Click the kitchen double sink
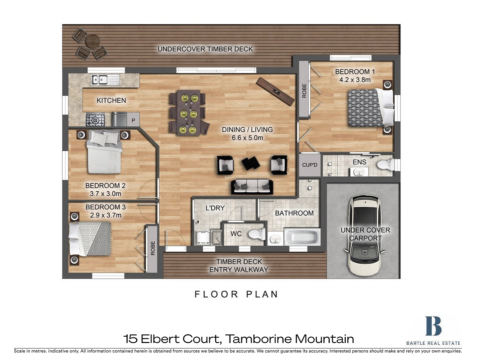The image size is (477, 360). [x=105, y=80]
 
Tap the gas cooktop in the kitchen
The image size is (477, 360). [x=95, y=120]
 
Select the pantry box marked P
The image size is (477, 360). [x=133, y=120]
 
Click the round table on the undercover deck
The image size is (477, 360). [x=93, y=41]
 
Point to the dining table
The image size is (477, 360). [x=189, y=113]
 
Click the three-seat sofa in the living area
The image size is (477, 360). [x=252, y=187]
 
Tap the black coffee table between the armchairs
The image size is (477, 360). [x=251, y=163]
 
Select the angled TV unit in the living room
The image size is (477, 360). [x=275, y=92]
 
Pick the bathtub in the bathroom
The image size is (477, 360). [x=302, y=237]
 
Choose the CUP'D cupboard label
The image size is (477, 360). [x=310, y=165]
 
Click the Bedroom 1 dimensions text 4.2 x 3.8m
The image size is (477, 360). [x=355, y=80]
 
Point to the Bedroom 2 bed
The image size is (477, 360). [x=105, y=152]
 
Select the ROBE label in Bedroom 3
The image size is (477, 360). [x=153, y=248]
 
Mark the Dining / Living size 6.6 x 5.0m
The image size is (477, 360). [x=247, y=138]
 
